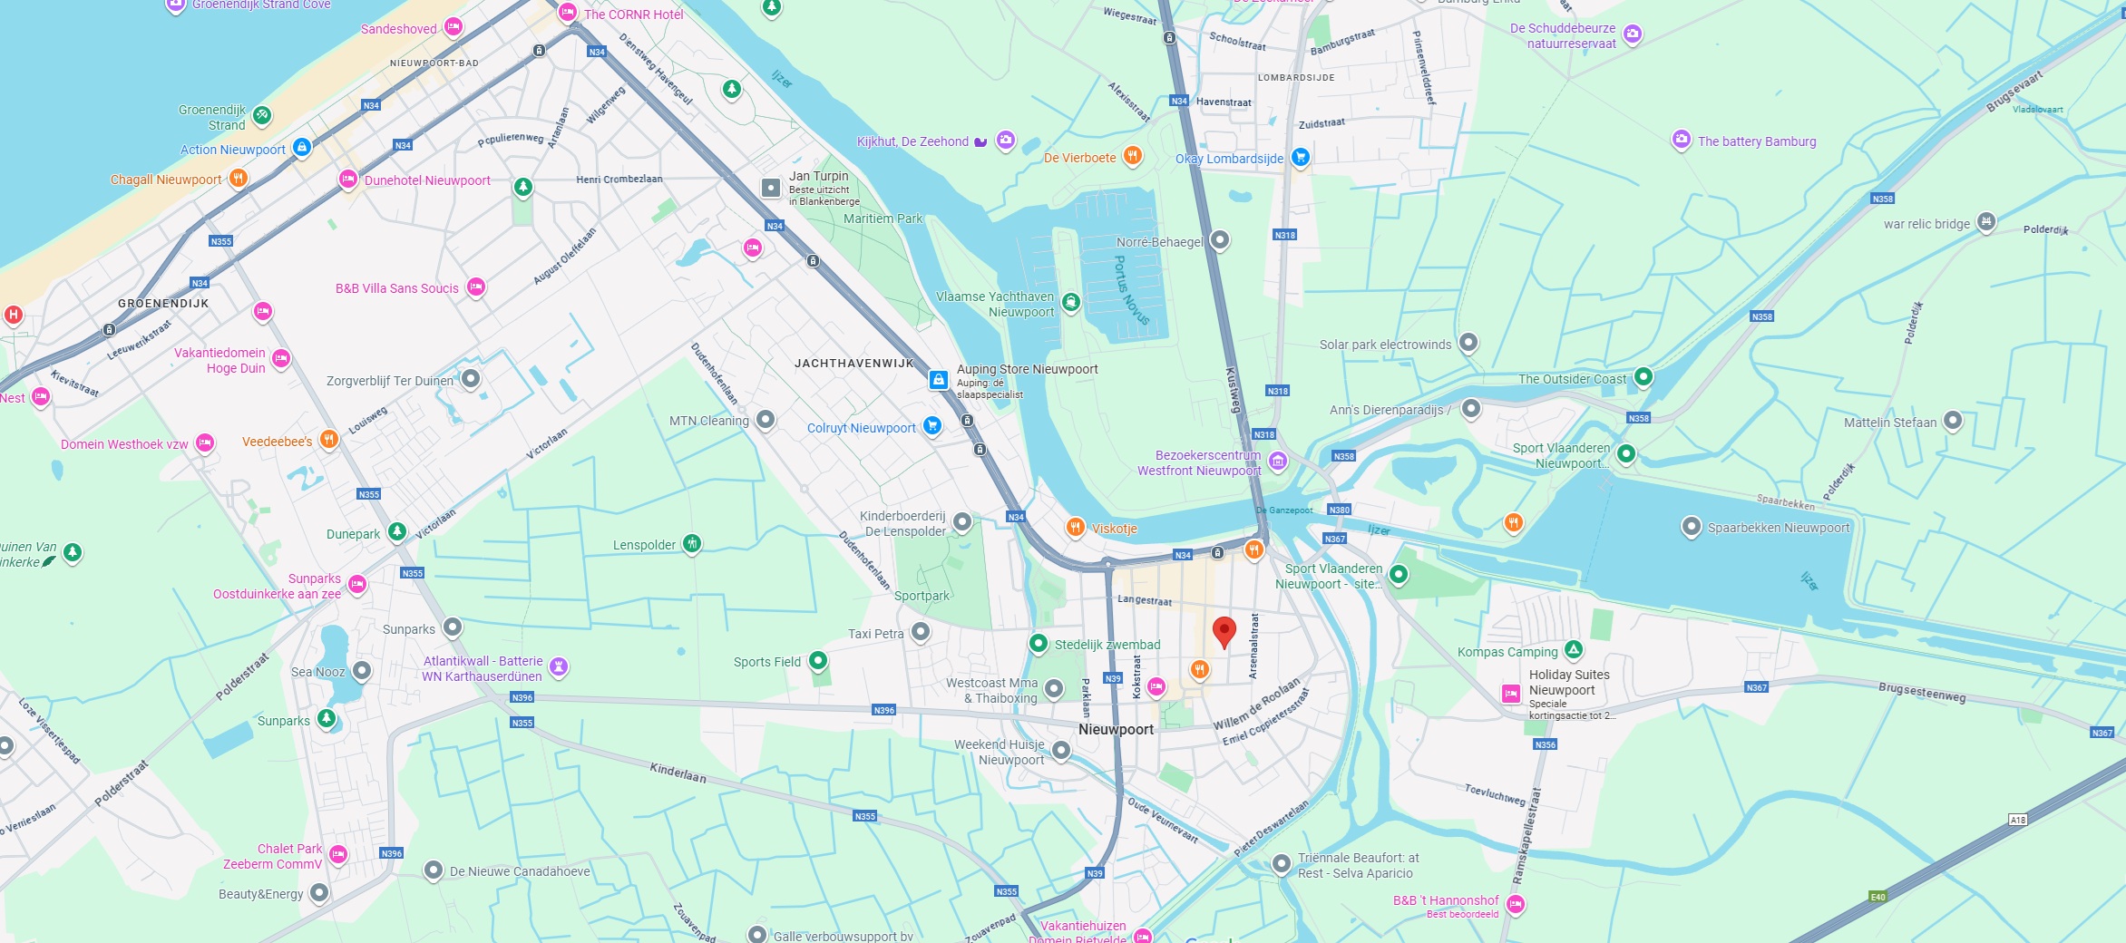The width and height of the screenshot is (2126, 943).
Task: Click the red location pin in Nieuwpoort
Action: click(1224, 630)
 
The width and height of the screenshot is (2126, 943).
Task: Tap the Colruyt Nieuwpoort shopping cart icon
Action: click(931, 426)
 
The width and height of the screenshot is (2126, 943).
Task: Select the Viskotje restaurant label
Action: click(1114, 529)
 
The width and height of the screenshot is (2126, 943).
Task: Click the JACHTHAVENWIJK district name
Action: click(853, 364)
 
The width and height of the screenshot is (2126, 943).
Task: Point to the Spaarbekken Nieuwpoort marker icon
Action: click(1691, 527)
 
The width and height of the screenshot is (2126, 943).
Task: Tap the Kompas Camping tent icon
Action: click(1574, 650)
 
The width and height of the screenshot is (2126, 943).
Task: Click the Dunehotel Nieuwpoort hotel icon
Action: click(347, 179)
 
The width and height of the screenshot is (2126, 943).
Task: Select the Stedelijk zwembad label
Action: click(1107, 645)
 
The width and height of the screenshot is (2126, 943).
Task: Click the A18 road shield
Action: click(2017, 820)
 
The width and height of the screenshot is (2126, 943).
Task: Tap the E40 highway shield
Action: click(1877, 897)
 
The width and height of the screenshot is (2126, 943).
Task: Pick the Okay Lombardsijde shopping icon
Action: click(1300, 157)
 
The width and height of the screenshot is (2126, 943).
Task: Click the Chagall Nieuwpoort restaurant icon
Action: click(238, 178)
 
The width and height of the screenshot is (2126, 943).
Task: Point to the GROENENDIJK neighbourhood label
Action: click(163, 304)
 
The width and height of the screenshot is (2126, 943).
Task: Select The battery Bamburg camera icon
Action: click(1681, 140)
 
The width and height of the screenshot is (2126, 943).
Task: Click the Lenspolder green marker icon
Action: click(692, 543)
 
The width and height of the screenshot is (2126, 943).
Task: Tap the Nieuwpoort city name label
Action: click(1116, 729)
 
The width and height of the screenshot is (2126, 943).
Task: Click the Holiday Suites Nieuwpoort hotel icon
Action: click(1510, 694)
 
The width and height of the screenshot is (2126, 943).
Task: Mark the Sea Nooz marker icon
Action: click(362, 671)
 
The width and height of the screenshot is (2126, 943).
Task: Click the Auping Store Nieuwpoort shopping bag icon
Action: click(939, 379)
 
